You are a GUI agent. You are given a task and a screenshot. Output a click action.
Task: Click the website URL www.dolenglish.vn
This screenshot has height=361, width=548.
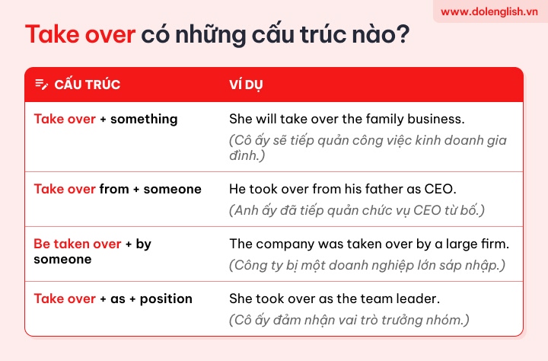[489, 12]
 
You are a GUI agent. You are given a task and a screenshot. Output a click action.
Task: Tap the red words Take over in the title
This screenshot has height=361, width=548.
[81, 34]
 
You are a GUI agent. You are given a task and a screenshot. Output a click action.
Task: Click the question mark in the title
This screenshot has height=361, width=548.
[403, 34]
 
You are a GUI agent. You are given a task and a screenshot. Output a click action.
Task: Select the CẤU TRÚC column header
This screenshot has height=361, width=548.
[88, 85]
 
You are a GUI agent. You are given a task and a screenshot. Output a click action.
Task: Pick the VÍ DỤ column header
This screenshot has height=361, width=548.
[246, 85]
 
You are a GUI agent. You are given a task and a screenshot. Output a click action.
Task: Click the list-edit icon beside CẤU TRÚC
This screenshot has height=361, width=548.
[42, 85]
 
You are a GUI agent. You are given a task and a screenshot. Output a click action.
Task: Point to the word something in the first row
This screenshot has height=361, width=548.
[144, 120]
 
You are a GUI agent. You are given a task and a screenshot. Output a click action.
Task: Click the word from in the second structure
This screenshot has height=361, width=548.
[114, 189]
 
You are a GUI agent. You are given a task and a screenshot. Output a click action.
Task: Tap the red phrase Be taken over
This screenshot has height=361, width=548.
[78, 244]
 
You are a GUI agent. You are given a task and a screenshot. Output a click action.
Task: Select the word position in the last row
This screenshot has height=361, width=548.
[166, 299]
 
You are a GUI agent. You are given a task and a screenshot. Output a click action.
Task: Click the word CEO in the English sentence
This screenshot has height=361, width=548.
[441, 189]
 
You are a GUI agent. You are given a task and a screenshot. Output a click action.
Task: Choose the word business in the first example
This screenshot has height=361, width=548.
[436, 119]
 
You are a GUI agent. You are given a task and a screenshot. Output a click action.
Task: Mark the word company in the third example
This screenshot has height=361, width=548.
[285, 244]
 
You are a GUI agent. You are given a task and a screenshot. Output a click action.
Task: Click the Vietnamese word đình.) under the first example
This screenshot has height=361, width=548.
[247, 155]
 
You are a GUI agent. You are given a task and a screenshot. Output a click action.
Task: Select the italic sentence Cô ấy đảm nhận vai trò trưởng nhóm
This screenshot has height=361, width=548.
[349, 320]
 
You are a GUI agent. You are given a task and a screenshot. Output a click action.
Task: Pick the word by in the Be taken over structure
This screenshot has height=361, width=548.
[144, 244]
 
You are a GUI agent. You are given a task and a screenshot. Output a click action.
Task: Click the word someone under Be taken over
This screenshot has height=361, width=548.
[62, 259]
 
